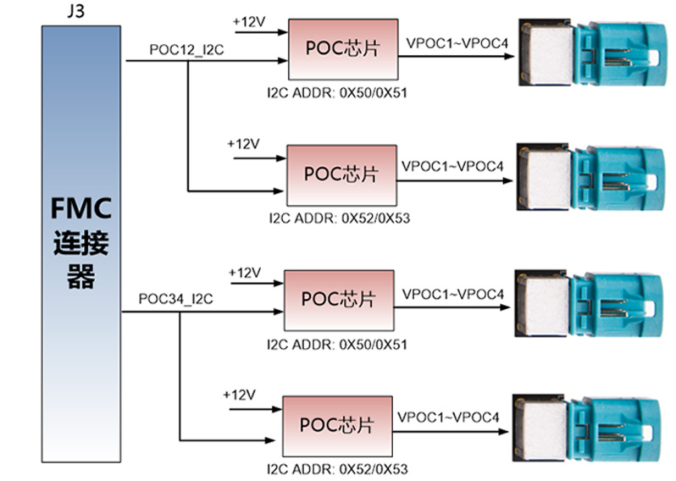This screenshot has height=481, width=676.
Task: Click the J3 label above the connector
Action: coord(58,10)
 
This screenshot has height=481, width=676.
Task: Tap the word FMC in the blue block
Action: coord(80,208)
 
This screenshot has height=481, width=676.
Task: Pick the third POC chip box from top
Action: coord(339,300)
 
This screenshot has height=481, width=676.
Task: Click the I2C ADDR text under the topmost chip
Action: coord(336,91)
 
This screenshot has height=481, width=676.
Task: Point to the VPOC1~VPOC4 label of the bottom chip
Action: coord(448,417)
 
